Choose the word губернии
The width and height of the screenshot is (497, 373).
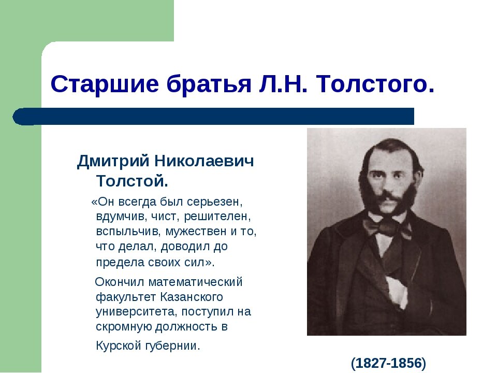pos(174,346)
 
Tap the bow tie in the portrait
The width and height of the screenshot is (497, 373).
pos(387,226)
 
